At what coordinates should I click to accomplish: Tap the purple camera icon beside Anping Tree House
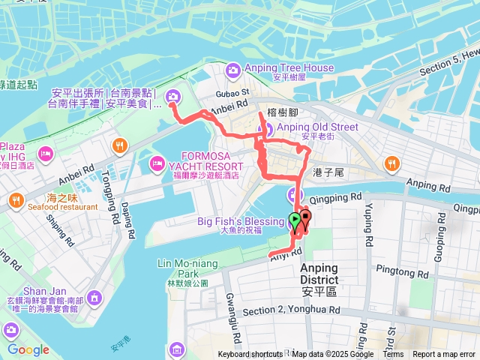(x=233, y=70)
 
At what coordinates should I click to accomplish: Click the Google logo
(x=28, y=349)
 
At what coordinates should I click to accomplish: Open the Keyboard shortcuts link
(x=250, y=355)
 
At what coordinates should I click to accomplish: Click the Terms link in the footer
(x=392, y=355)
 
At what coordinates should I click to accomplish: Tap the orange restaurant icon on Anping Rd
(x=391, y=163)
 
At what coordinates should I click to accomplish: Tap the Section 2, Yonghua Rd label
(x=292, y=310)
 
